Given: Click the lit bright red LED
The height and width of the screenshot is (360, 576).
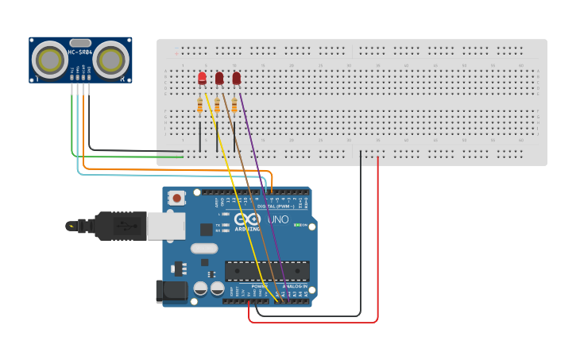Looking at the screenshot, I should pos(202,78).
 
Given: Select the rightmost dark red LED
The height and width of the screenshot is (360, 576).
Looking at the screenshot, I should pos(237,78).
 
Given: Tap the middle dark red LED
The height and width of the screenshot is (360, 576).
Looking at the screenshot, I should pos(219,78).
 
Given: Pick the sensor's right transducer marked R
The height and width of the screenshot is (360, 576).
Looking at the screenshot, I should pos(110,60).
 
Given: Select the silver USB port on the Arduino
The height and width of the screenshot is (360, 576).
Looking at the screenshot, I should pos(166,226).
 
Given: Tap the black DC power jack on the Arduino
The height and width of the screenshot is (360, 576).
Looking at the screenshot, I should pos(171,291).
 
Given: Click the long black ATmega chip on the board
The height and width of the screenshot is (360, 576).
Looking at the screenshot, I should pos(255,271).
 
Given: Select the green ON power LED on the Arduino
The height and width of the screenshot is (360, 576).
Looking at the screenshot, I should pos(296,226).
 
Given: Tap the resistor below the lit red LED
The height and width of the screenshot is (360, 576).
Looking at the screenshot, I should pos(199,106).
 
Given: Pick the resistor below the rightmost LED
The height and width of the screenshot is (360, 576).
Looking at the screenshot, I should pos(234,106).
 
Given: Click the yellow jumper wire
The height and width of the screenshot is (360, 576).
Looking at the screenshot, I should pos(230,183).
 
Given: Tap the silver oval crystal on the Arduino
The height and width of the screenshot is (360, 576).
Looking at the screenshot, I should pos(204,248).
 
